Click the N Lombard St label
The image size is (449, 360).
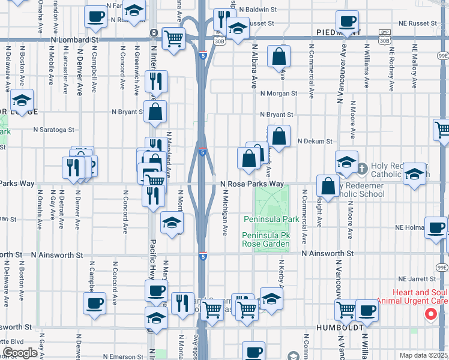[x=74, y=38]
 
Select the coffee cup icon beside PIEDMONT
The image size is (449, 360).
[x=346, y=22]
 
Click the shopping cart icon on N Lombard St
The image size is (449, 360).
[x=173, y=39]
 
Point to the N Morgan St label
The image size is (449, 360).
[x=279, y=94]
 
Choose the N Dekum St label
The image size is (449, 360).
[x=315, y=141]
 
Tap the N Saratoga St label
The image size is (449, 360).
[x=53, y=129]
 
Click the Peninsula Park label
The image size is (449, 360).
[x=271, y=219]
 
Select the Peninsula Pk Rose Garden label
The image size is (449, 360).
[x=266, y=239]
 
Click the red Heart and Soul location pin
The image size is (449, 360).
[x=430, y=313]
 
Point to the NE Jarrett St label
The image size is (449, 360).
[x=416, y=279]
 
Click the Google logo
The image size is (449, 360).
[x=20, y=353]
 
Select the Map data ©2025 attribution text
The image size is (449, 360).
[x=423, y=355]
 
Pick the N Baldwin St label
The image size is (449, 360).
[x=258, y=10]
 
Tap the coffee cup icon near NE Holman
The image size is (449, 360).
[x=436, y=228]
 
